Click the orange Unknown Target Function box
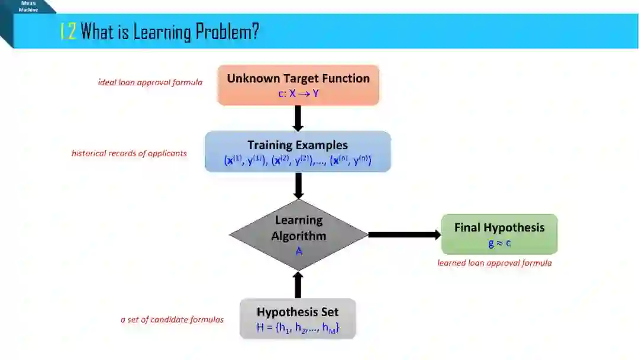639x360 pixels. pyautogui.click(x=298, y=85)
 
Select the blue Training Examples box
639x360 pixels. pyautogui.click(x=298, y=152)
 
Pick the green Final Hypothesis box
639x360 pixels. pyautogui.click(x=499, y=234)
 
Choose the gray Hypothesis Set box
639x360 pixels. pyautogui.click(x=298, y=319)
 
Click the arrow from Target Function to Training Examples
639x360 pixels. pyautogui.click(x=298, y=118)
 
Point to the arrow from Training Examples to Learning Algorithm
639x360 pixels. pyautogui.click(x=298, y=185)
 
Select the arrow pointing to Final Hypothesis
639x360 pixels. pyautogui.click(x=405, y=235)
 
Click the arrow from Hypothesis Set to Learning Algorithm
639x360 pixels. pyautogui.click(x=298, y=285)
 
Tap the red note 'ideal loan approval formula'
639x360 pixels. pyautogui.click(x=150, y=82)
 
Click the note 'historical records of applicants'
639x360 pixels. pyautogui.click(x=129, y=153)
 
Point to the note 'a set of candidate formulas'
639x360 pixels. pyautogui.click(x=172, y=320)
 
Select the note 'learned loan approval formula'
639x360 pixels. pyautogui.click(x=495, y=263)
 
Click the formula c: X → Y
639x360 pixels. pyautogui.click(x=298, y=94)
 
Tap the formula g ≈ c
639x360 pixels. pyautogui.click(x=499, y=243)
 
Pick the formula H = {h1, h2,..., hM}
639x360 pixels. pyautogui.click(x=298, y=327)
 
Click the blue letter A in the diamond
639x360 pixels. pyautogui.click(x=299, y=251)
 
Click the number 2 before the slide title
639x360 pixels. pyautogui.click(x=72, y=31)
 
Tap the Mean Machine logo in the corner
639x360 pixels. pyautogui.click(x=28, y=7)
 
